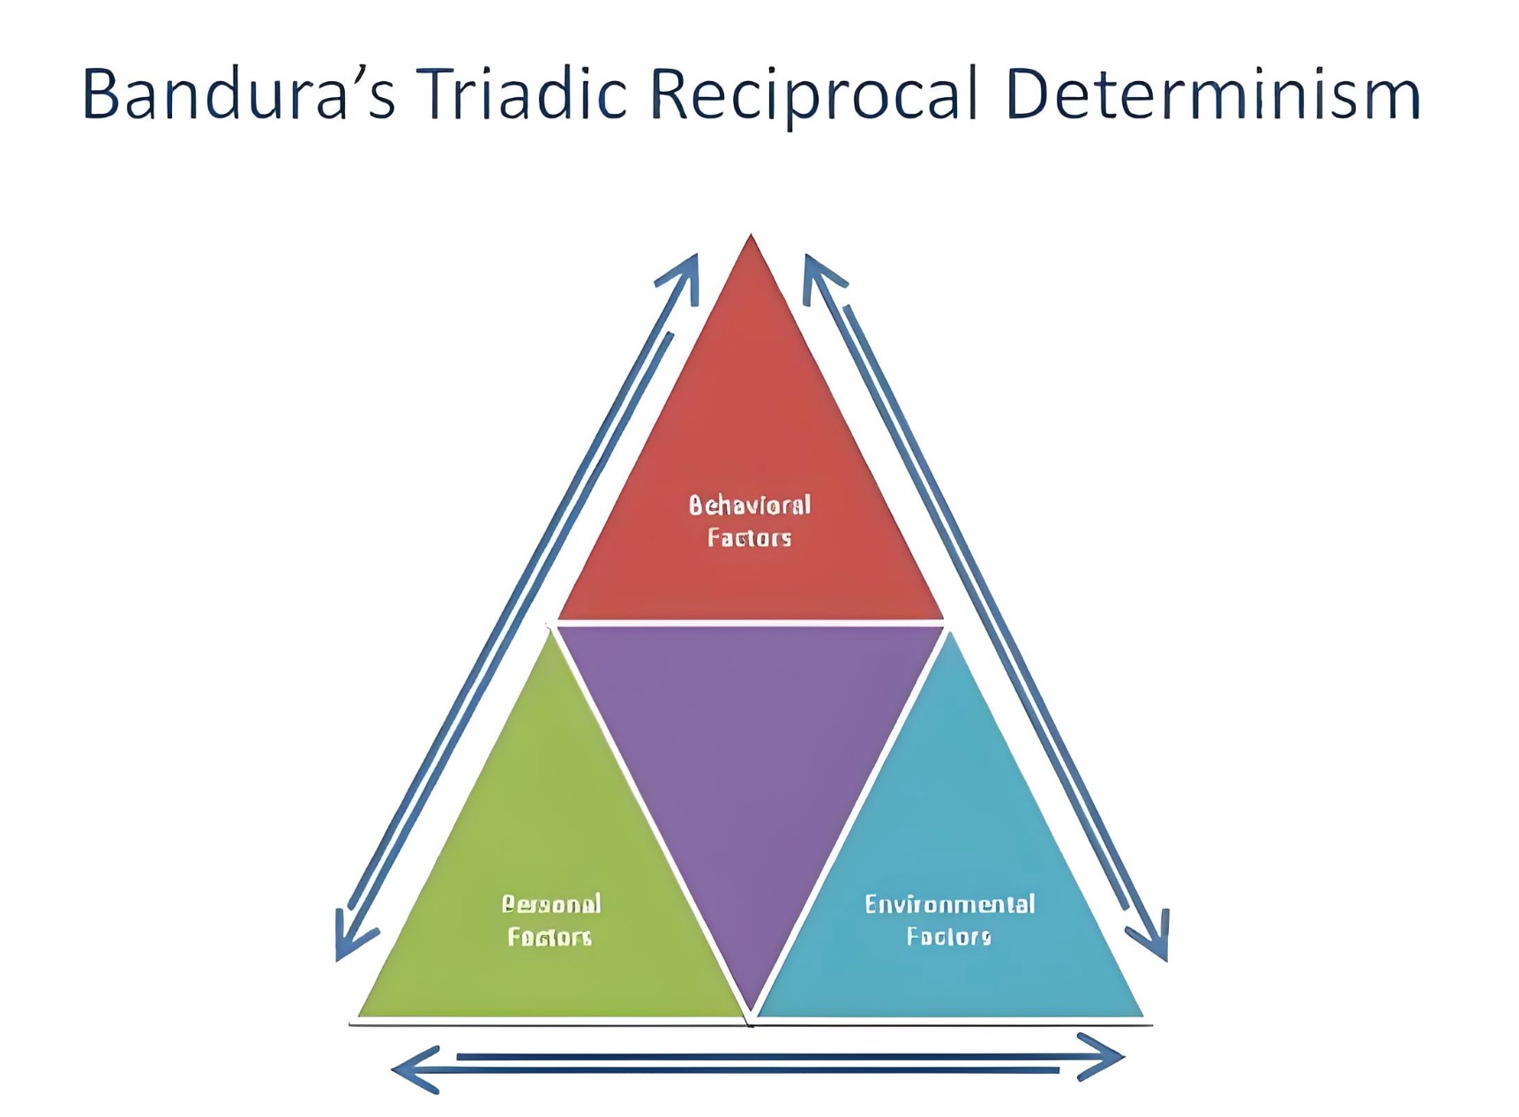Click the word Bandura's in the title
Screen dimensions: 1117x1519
pos(238,94)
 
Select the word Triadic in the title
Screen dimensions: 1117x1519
pos(520,94)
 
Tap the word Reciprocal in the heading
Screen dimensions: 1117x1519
pos(814,95)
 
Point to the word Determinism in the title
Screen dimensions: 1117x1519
pos(1212,94)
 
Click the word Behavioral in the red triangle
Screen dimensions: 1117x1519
pos(749,506)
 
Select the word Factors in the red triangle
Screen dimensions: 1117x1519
pos(749,538)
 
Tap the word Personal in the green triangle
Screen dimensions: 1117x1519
pos(551,903)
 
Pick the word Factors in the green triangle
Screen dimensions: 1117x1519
pos(549,936)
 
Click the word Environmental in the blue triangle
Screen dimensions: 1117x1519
pos(949,904)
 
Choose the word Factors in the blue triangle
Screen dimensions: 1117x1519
pos(948,936)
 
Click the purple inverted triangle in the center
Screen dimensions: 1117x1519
pos(750,759)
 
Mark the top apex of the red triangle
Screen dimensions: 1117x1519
pos(751,236)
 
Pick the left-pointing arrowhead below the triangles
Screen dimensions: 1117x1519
pos(410,1069)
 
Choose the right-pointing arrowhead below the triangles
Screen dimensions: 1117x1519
pos(1107,1056)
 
